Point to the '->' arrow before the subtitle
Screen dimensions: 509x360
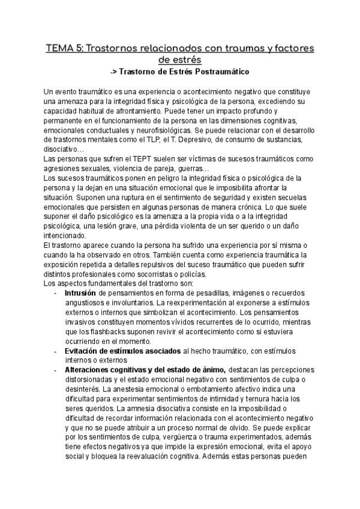pos(115,71)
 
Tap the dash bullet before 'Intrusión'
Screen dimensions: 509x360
pos(55,292)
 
